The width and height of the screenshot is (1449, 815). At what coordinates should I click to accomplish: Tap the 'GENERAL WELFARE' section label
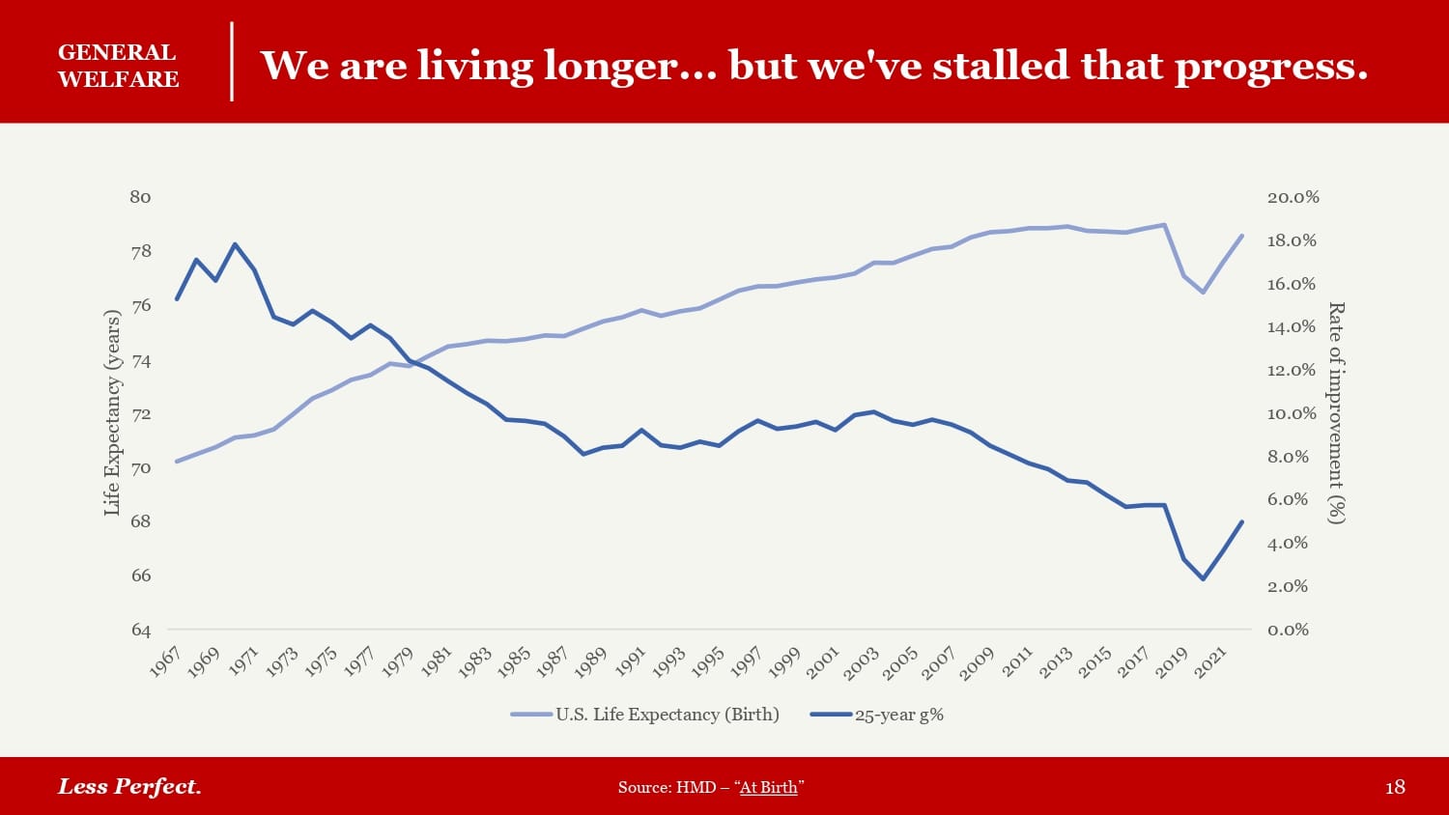[x=118, y=66]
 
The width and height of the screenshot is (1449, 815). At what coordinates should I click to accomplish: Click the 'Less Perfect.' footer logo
[x=129, y=786]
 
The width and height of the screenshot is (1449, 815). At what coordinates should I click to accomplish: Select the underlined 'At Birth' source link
[x=769, y=787]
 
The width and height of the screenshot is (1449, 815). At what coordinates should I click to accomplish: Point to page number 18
[x=1395, y=787]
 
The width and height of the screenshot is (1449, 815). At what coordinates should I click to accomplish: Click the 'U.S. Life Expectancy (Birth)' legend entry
[x=667, y=715]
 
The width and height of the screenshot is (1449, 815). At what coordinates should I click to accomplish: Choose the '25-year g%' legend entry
[x=898, y=716]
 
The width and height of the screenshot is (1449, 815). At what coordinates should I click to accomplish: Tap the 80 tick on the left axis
[x=141, y=197]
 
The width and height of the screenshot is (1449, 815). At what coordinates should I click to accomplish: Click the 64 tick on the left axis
[x=141, y=630]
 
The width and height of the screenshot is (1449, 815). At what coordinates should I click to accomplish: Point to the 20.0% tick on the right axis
[x=1293, y=197]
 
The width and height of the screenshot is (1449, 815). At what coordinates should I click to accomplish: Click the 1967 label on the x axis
[x=166, y=661]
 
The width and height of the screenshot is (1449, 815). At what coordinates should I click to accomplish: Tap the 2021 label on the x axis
[x=1210, y=661]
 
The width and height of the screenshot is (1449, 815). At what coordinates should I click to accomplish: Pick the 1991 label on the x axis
[x=630, y=661]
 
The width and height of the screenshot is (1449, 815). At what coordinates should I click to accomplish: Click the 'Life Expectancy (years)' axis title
[x=112, y=412]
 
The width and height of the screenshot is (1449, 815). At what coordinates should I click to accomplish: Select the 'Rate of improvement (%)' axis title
[x=1336, y=412]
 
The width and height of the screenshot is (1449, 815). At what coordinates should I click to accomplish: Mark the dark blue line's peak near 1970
[x=235, y=244]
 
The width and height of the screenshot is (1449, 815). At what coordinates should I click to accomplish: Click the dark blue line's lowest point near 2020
[x=1203, y=578]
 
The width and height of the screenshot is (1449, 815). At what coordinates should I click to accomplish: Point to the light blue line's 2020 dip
[x=1203, y=292]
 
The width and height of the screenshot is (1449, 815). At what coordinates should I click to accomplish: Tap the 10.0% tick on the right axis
[x=1293, y=413]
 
